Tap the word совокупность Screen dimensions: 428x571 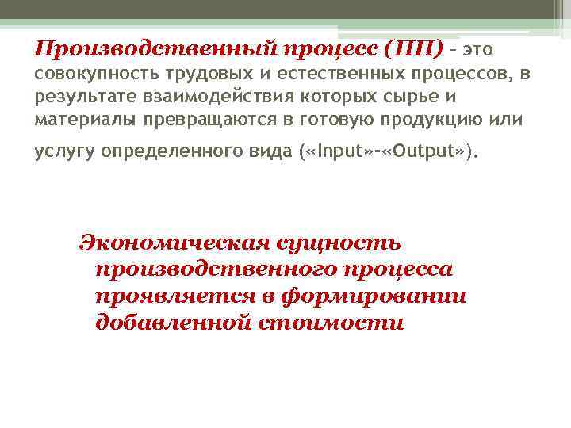(x=86, y=75)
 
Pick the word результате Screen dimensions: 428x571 (x=75, y=97)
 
